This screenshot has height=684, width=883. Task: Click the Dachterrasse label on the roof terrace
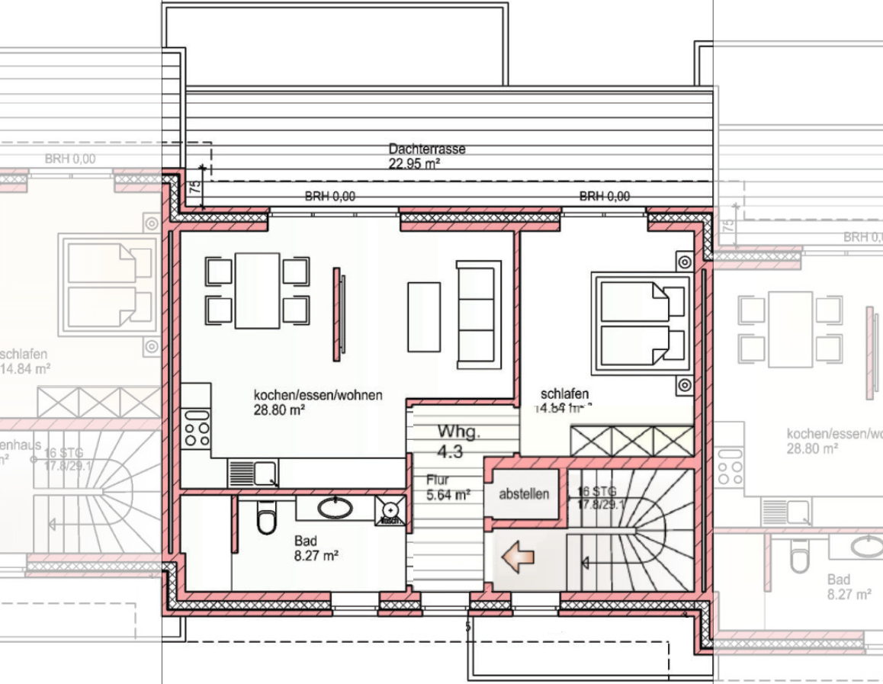pos(426,149)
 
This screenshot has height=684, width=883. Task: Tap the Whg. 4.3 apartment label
pos(459,442)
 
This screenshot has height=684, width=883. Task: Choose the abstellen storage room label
pos(524,494)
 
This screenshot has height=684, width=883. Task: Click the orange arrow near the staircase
pos(517,557)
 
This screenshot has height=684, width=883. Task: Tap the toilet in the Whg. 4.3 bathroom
pos(266,521)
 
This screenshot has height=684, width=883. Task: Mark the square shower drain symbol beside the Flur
pos(391,510)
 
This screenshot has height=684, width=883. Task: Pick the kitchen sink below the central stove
pos(253,474)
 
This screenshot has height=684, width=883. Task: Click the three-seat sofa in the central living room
pos(478,314)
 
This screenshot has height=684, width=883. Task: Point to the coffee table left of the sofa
pos(424,316)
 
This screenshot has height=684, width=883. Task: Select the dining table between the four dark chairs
pos(257,291)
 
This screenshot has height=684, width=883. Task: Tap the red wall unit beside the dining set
pos(338,313)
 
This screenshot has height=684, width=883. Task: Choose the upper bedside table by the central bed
pos(685,262)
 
